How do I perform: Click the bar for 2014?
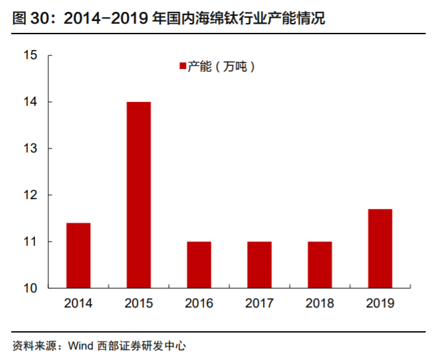click(78, 256)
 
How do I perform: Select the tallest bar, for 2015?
click(139, 195)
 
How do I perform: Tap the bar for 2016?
click(199, 265)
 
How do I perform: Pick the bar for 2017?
click(259, 265)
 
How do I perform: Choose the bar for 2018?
click(320, 265)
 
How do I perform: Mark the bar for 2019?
click(380, 248)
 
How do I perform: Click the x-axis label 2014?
click(78, 304)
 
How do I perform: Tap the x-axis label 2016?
click(199, 304)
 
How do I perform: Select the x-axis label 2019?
click(380, 304)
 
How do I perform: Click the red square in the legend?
click(183, 66)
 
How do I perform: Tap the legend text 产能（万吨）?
click(221, 66)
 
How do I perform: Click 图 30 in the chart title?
click(33, 19)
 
